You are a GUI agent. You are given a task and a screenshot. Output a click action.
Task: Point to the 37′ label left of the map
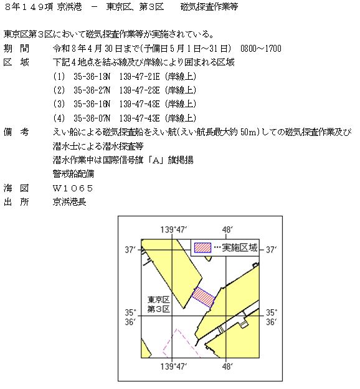(130, 249)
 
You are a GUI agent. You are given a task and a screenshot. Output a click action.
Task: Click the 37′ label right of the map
(272, 249)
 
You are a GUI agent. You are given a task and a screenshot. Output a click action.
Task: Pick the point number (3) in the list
(59, 103)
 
